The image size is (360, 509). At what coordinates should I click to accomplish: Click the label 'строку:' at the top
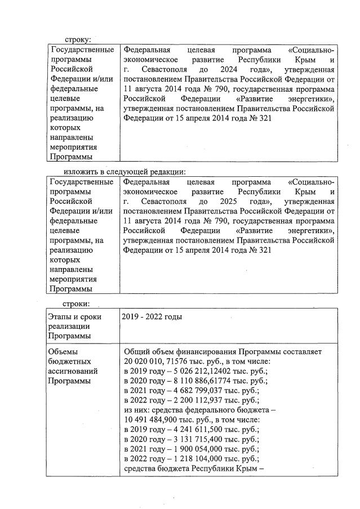point(78,40)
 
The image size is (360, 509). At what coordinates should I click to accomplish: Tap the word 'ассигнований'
point(74,371)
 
